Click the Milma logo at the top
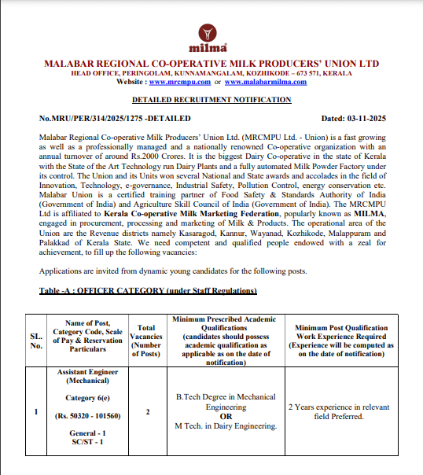pyautogui.click(x=211, y=37)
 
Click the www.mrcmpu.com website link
pyautogui.click(x=179, y=81)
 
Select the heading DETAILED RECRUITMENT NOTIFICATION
pyautogui.click(x=211, y=101)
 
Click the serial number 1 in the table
pyautogui.click(x=36, y=411)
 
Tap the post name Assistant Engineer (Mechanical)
pyautogui.click(x=87, y=375)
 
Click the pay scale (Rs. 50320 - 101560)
pyautogui.click(x=87, y=415)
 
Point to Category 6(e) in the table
pyautogui.click(x=87, y=398)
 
